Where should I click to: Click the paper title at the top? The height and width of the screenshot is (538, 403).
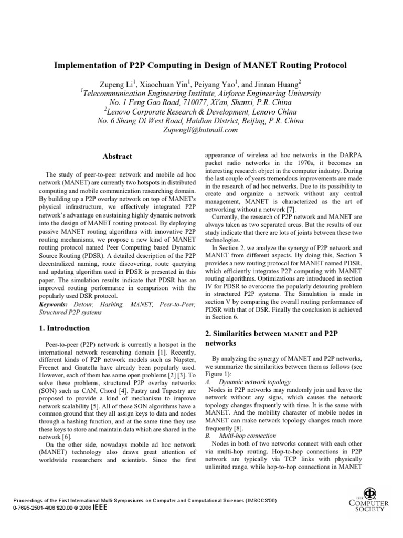(201, 66)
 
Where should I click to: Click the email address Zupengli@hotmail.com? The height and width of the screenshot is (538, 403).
(200, 130)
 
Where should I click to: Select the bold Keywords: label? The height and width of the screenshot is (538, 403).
(53, 304)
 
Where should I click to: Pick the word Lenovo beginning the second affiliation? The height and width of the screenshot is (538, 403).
(122, 112)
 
